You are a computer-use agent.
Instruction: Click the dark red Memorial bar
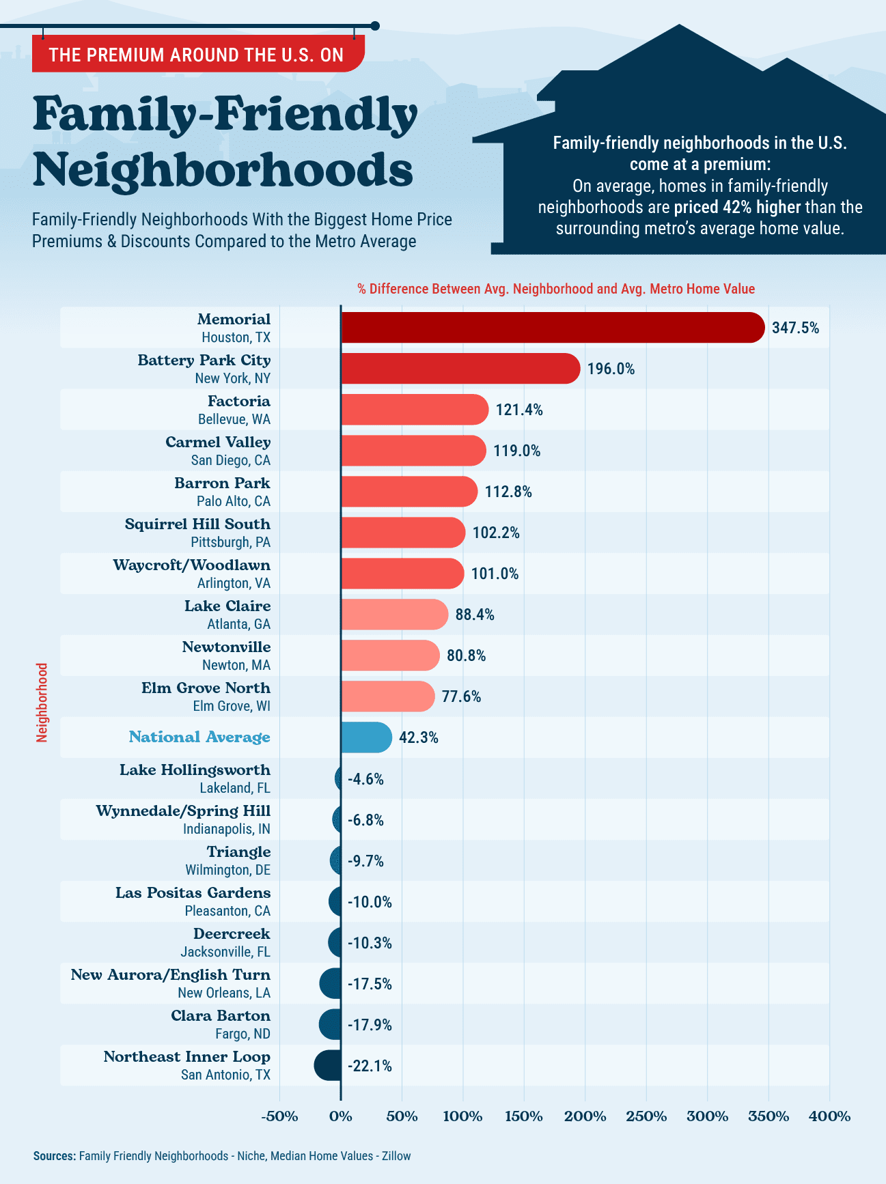552,328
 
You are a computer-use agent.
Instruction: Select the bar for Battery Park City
460,369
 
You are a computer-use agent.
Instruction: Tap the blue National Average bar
366,737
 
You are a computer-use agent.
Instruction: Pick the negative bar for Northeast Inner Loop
328,1066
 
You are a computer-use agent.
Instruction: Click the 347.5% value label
795,328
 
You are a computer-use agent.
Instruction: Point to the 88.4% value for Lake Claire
475,615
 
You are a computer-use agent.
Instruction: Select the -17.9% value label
370,1025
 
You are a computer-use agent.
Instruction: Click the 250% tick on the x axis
646,1117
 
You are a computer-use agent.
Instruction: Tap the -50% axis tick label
280,1117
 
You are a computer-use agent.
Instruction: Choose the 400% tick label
829,1117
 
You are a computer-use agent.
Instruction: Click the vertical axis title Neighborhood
42,703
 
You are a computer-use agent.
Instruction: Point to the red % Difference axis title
556,289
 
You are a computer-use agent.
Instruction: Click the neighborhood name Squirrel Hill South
197,524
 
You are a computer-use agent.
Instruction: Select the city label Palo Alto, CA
234,501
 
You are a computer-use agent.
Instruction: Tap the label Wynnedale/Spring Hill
183,811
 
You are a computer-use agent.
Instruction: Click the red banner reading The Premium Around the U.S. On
197,55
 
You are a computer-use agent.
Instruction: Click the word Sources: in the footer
54,1156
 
